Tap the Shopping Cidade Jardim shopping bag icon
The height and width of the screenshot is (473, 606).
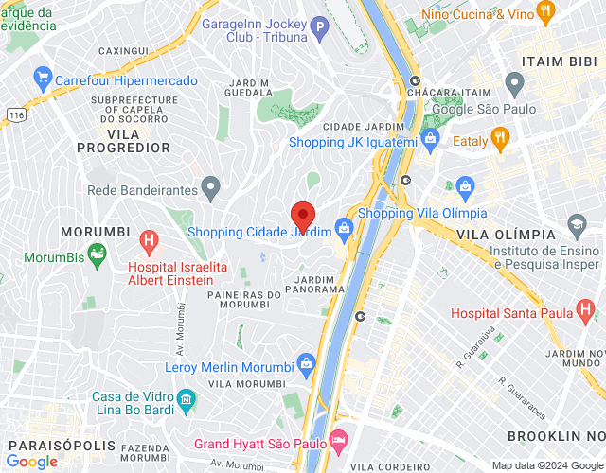pos(344,227)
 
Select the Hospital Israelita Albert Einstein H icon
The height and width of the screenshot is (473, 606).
pos(148,241)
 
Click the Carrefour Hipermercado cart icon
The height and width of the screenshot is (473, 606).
pos(42,76)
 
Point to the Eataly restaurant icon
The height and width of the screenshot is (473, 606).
pos(501,141)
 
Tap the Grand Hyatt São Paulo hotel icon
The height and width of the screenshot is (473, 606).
pos(339,442)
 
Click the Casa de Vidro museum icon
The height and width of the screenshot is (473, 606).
pos(187,396)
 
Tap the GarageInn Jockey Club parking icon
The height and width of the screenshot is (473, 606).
pos(320,28)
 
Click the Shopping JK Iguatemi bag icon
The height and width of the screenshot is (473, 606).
pos(431,140)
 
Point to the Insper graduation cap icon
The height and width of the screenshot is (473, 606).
pos(577,224)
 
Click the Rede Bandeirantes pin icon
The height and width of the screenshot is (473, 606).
pos(210,188)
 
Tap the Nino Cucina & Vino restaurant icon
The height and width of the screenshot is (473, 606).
pos(544,11)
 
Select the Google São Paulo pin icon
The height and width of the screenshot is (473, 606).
pos(514,86)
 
